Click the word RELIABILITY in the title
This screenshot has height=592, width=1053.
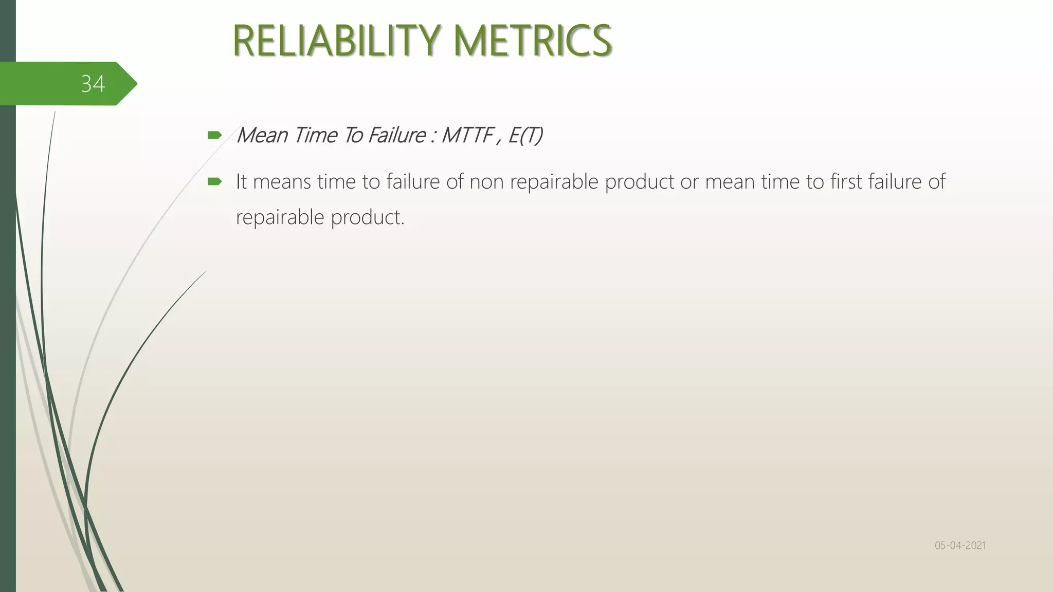click(336, 41)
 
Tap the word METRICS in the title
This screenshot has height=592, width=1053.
click(533, 41)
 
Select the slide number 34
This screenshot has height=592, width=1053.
click(93, 84)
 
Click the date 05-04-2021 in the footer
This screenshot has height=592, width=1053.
click(960, 545)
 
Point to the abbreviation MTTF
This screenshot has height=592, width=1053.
click(467, 136)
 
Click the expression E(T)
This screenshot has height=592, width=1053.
click(525, 136)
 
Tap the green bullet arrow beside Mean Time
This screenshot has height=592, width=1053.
click(214, 136)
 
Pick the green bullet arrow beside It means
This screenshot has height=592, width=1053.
click(214, 181)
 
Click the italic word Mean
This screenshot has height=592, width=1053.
click(262, 136)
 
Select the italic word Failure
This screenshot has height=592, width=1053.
click(396, 136)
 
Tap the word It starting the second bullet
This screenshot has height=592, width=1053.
click(241, 182)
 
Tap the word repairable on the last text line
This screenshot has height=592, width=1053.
click(280, 218)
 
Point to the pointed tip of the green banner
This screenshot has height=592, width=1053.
click(136, 84)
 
